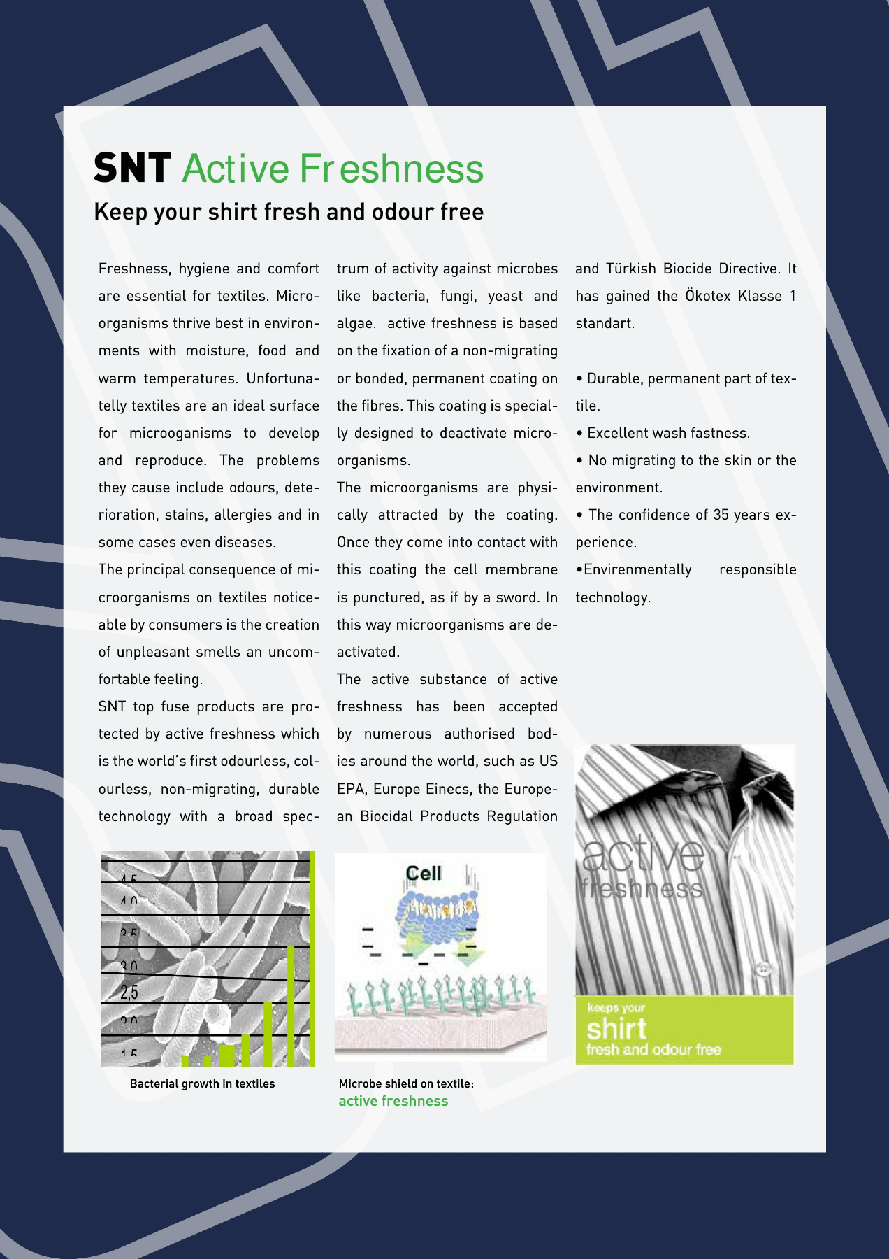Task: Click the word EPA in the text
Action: (x=351, y=788)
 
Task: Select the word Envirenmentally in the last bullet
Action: (x=637, y=569)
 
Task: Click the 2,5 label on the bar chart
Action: (x=129, y=992)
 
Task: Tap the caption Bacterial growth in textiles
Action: (x=202, y=1083)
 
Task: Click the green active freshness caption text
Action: (x=393, y=1101)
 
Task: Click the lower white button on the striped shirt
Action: (x=762, y=969)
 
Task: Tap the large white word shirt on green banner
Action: (x=616, y=1029)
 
